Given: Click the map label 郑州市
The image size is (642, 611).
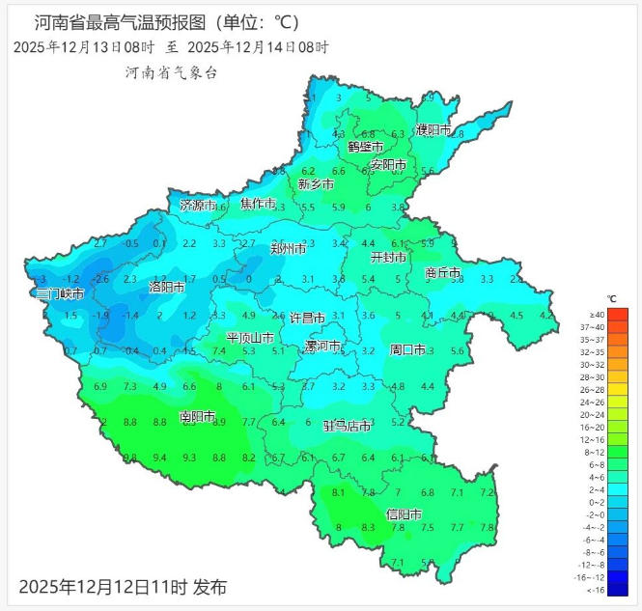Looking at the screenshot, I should coord(288,248).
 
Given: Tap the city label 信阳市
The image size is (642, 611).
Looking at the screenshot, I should coord(403,514).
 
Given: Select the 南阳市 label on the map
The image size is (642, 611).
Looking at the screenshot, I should coord(198,417).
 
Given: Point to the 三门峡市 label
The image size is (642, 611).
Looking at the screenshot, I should coord(60,293).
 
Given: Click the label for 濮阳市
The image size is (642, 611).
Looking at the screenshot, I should coord(433,129).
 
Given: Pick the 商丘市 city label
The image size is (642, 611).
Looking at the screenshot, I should coord(443,273).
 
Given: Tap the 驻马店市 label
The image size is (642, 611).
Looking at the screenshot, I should coord(348,425).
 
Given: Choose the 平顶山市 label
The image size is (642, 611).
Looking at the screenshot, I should coord(250,338).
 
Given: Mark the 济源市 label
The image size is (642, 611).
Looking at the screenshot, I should coord(198,205).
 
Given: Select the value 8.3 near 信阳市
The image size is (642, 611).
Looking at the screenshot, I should coord(368,528).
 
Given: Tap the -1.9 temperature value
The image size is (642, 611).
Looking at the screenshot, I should coord(100,316).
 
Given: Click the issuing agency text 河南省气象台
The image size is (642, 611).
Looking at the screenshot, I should coord(171,72).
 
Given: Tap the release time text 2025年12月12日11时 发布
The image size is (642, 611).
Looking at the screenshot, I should coord(124,586).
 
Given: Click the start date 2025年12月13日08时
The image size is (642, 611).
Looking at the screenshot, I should coord(84,46).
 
